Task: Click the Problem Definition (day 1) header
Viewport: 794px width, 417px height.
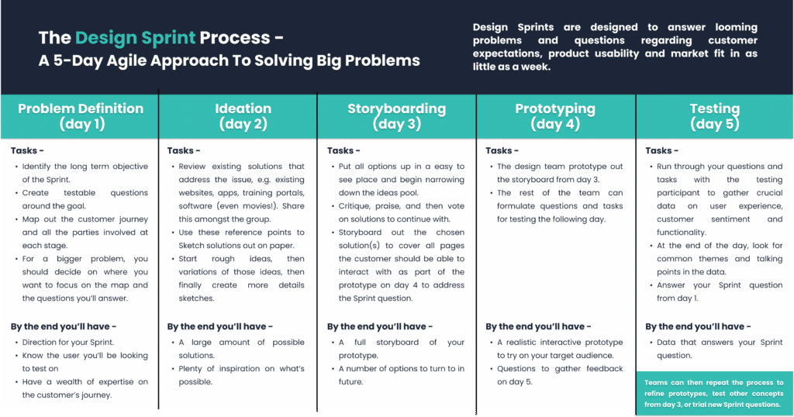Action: pos(81,116)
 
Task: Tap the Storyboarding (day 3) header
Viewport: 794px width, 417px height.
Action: pos(396,116)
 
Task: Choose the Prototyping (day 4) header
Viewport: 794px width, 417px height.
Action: pos(555,116)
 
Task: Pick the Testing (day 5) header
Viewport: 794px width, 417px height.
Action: pos(714,116)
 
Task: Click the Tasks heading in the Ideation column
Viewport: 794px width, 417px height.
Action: pos(184,150)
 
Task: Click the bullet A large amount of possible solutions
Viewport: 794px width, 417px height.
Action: pos(242,349)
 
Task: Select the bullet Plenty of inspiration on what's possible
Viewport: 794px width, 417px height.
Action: pos(242,375)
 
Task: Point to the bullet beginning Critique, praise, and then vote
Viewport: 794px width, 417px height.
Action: pos(402,213)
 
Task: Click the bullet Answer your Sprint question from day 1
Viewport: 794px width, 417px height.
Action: pos(720,291)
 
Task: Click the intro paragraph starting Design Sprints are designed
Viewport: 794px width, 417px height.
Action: pos(615,47)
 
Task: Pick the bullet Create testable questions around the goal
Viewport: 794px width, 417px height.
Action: pos(85,199)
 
